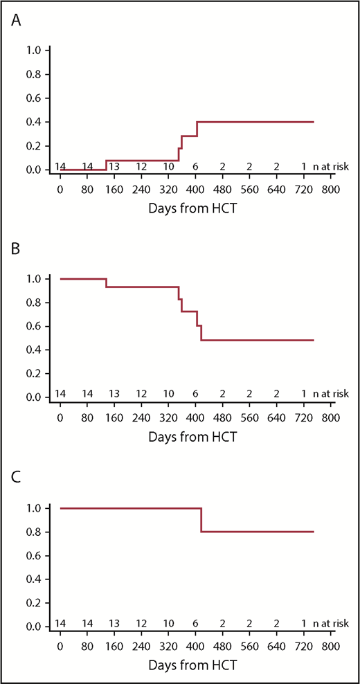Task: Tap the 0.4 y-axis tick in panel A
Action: click(x=33, y=122)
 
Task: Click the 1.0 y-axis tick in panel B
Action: click(x=33, y=279)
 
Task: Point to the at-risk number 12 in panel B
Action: click(x=141, y=394)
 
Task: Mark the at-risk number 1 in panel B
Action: click(x=303, y=394)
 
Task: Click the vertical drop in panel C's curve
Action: click(x=201, y=520)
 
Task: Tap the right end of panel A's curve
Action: click(x=314, y=122)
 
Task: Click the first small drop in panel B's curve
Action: click(x=106, y=282)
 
